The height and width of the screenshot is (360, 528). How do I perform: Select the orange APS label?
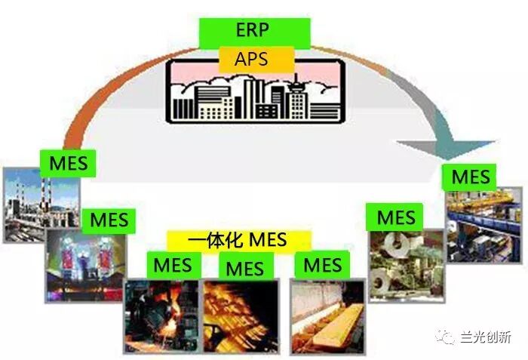(x=254, y=59)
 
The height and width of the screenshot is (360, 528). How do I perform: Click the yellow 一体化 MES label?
(x=238, y=241)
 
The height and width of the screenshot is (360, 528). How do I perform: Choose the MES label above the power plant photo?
(x=68, y=163)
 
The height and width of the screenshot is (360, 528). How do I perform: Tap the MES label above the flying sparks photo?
(x=173, y=265)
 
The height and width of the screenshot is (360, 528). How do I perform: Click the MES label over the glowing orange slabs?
(x=244, y=268)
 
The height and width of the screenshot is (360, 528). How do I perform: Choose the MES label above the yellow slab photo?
(x=322, y=265)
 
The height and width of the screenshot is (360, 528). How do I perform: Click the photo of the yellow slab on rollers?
(x=327, y=317)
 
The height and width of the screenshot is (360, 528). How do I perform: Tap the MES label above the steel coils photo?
(x=396, y=217)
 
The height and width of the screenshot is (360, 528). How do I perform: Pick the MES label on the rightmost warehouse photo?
(x=471, y=178)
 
